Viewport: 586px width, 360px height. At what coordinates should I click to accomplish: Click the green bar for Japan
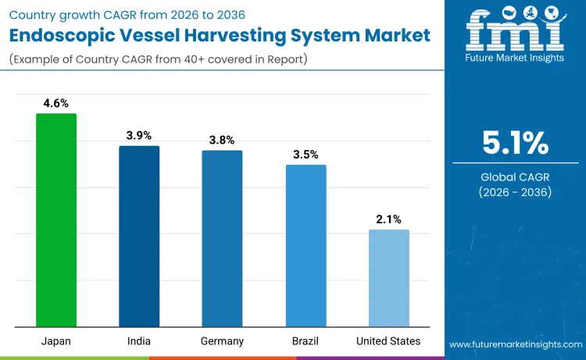(x=56, y=220)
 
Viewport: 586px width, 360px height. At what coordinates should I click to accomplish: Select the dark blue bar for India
(x=139, y=236)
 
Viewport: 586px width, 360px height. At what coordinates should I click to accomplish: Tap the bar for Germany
(x=222, y=238)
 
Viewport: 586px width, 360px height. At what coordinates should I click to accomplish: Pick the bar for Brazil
(x=306, y=245)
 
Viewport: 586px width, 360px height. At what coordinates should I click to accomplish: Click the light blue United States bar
(x=388, y=278)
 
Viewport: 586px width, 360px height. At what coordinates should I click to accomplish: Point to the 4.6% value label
(x=56, y=102)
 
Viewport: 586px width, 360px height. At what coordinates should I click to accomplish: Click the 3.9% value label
(x=139, y=135)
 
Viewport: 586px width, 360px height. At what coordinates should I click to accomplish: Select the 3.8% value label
(x=222, y=140)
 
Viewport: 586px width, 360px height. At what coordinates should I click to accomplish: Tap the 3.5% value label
(x=306, y=154)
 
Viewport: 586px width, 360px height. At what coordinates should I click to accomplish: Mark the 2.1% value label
(x=388, y=219)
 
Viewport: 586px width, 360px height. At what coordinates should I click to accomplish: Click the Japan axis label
(x=56, y=341)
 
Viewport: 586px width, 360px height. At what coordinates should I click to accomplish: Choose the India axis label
(x=139, y=341)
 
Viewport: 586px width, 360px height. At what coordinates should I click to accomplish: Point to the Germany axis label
(x=222, y=341)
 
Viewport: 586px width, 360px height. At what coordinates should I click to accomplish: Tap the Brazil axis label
(x=306, y=341)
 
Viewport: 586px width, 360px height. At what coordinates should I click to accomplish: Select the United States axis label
(x=388, y=341)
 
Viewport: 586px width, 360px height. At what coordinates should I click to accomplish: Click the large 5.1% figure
(x=515, y=144)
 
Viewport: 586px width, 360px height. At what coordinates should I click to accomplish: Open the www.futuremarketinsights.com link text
(x=515, y=344)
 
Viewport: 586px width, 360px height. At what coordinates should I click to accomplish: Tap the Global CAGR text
(x=515, y=177)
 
